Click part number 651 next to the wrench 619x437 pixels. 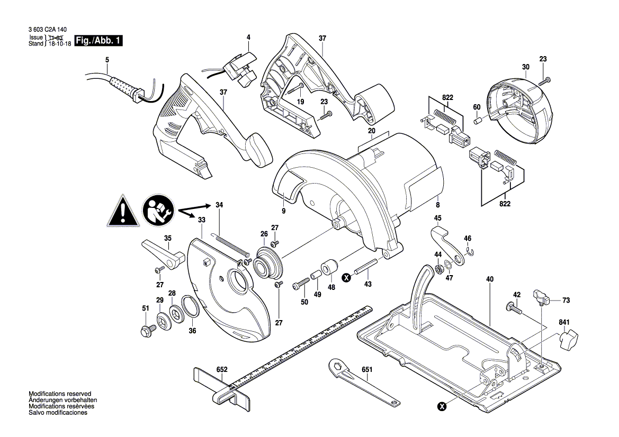(366, 370)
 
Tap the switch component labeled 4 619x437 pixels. (239, 69)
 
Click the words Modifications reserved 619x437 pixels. (60, 394)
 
